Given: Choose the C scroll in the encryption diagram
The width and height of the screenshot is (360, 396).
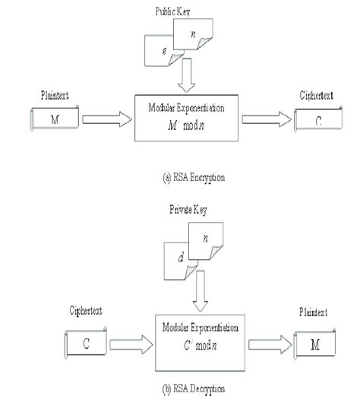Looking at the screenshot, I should point(317,119).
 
